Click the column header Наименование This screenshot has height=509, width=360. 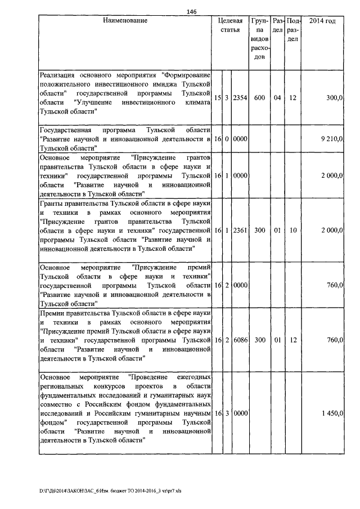coord(125,21)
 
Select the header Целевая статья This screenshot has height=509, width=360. coord(231,25)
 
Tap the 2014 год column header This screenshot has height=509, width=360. coord(323,21)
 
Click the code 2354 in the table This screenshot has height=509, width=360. coord(240,98)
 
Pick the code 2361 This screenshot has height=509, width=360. coord(240,231)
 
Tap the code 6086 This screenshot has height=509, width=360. coord(240,340)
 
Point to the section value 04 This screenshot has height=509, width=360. coord(277,98)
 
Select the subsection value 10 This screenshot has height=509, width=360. coord(293,231)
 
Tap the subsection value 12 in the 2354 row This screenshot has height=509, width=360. coord(293,98)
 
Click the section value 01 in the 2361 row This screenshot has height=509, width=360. coord(277,231)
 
